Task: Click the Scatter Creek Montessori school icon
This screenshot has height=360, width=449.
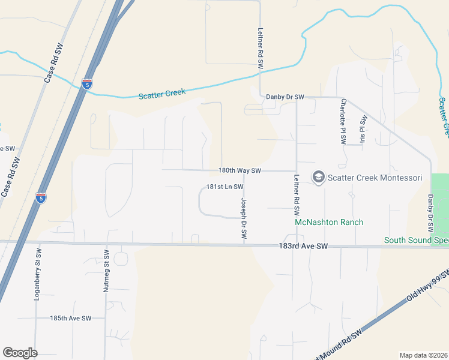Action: click(318, 177)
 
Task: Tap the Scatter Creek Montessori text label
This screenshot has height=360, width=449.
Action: click(375, 178)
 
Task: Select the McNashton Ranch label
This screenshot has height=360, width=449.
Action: click(329, 222)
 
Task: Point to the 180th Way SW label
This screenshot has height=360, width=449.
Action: click(239, 170)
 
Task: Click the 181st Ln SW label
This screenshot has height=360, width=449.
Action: click(224, 187)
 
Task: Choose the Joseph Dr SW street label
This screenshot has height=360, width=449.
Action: click(244, 220)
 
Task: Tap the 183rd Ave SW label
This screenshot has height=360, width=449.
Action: click(304, 246)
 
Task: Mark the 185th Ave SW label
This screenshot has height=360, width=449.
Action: click(70, 318)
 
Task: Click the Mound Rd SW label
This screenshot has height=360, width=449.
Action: click(338, 346)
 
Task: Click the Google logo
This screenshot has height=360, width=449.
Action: click(20, 353)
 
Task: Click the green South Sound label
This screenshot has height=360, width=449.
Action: click(416, 241)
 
